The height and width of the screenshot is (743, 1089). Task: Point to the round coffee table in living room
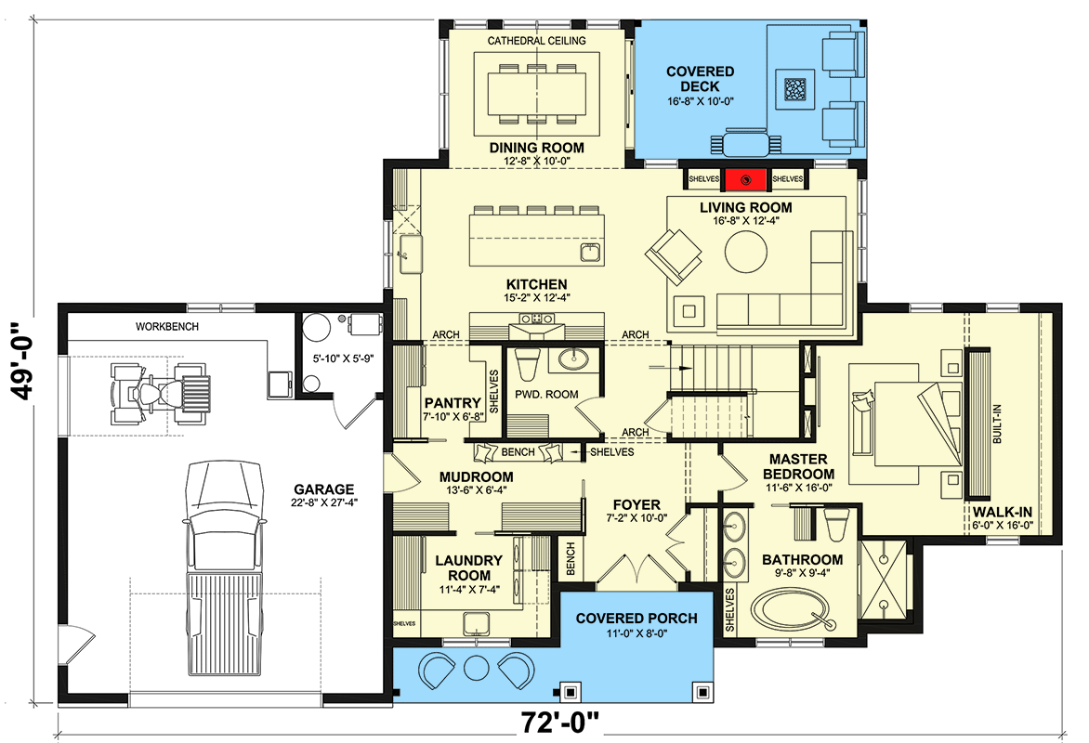[x=746, y=253]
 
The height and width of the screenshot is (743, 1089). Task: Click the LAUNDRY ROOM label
[x=468, y=568]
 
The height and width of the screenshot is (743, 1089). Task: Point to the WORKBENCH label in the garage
[x=166, y=327]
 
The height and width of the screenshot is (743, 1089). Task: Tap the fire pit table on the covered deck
[x=796, y=89]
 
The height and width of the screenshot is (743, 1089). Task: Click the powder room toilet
[x=527, y=365]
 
